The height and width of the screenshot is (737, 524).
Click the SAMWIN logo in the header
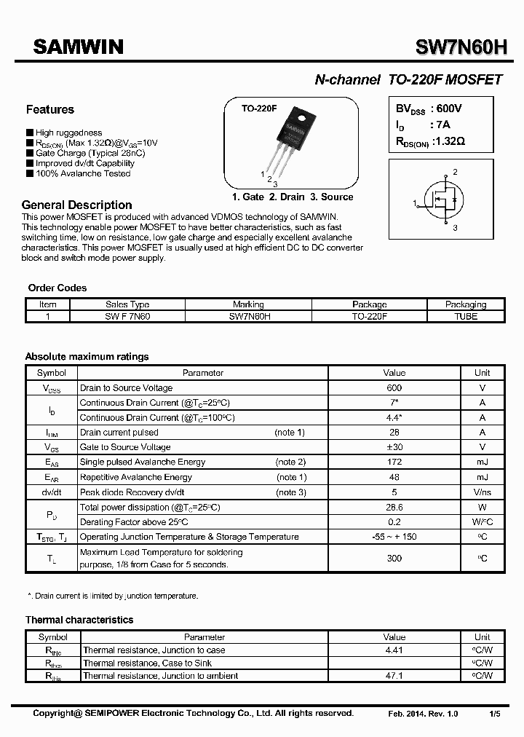coord(78,47)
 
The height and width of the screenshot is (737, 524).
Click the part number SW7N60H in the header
coord(461,48)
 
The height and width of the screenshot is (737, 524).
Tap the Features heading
coord(49,110)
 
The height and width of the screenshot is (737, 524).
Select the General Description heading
coord(76,205)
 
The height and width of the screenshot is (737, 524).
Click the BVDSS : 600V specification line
coord(429,109)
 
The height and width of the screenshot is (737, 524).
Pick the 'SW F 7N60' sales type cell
coord(127,317)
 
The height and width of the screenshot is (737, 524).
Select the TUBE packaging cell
coord(465,317)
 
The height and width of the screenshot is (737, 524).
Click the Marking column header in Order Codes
coord(248,304)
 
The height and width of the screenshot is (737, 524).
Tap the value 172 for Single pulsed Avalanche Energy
coord(394,462)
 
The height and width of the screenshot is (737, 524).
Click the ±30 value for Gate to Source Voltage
coord(394,447)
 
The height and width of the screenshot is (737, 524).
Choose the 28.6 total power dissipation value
coord(394,507)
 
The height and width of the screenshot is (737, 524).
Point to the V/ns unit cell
coord(482,492)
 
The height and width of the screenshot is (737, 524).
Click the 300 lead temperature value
coord(394,558)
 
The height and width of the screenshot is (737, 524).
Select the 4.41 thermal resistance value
coord(394,650)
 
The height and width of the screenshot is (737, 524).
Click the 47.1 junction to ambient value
coord(394,676)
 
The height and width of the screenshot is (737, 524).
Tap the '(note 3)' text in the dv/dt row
coord(291,492)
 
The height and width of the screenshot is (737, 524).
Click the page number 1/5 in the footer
coord(495,714)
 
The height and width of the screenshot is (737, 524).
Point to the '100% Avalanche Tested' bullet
coord(82,174)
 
